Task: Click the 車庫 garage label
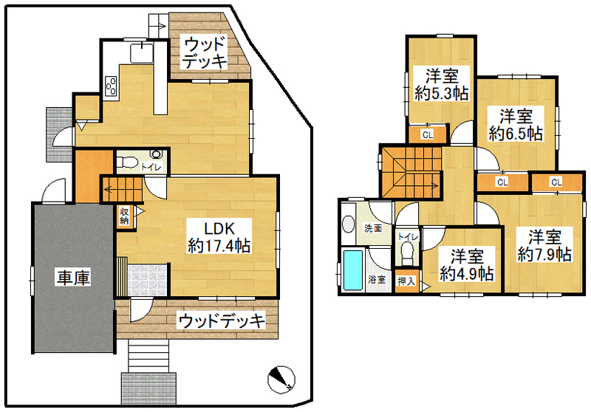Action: [73, 278]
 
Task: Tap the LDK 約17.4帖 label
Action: [219, 237]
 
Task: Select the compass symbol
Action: [281, 380]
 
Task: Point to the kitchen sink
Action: [142, 53]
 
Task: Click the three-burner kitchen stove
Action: [112, 86]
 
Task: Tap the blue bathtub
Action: [353, 269]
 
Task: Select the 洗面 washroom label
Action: [373, 228]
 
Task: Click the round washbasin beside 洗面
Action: [349, 224]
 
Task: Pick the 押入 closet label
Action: [406, 281]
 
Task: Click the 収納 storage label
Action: [124, 216]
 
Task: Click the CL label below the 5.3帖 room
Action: [428, 134]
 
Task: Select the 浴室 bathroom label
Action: [377, 279]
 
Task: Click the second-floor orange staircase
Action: [411, 172]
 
